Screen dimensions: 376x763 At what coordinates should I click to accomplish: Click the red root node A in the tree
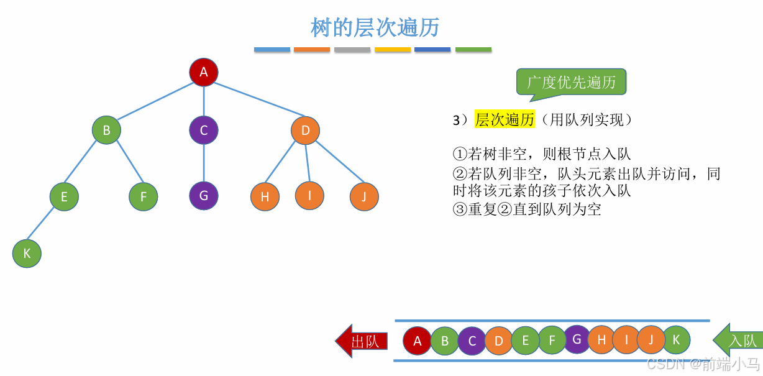[204, 73]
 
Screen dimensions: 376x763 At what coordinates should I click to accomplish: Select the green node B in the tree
[106, 131]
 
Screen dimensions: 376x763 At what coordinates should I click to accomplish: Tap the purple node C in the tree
[204, 131]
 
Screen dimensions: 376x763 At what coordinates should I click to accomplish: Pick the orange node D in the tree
[305, 131]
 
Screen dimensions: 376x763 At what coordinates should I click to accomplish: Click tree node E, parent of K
[64, 197]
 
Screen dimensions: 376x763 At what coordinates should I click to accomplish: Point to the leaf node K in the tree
[27, 254]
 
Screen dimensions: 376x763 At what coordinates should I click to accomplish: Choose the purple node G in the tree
[204, 195]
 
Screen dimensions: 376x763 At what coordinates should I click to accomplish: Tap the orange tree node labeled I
[309, 196]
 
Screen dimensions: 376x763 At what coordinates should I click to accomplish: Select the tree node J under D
[363, 197]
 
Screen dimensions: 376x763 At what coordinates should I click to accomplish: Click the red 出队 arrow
[362, 341]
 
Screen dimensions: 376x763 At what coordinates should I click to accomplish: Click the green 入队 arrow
[738, 341]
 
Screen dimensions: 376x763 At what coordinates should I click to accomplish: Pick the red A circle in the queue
[418, 341]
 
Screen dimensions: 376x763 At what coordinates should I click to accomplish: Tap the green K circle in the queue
[677, 340]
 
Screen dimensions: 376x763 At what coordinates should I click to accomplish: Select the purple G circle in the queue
[577, 339]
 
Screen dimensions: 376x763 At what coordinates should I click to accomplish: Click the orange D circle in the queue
[498, 341]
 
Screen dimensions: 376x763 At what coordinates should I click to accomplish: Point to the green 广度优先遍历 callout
[571, 83]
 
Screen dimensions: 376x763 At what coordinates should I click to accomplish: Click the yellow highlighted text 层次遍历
[505, 120]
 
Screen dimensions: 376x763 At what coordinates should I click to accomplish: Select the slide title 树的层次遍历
[375, 28]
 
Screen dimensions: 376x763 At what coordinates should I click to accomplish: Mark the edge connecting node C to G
[204, 163]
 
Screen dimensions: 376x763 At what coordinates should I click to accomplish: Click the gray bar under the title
[352, 49]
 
